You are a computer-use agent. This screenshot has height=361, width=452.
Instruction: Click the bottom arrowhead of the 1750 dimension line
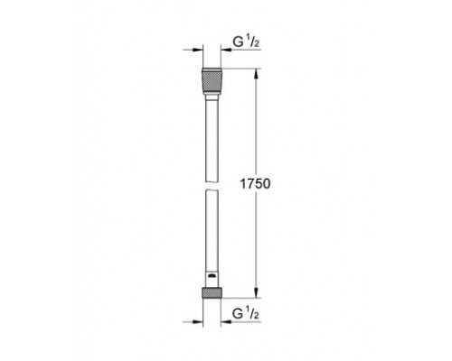(262, 292)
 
